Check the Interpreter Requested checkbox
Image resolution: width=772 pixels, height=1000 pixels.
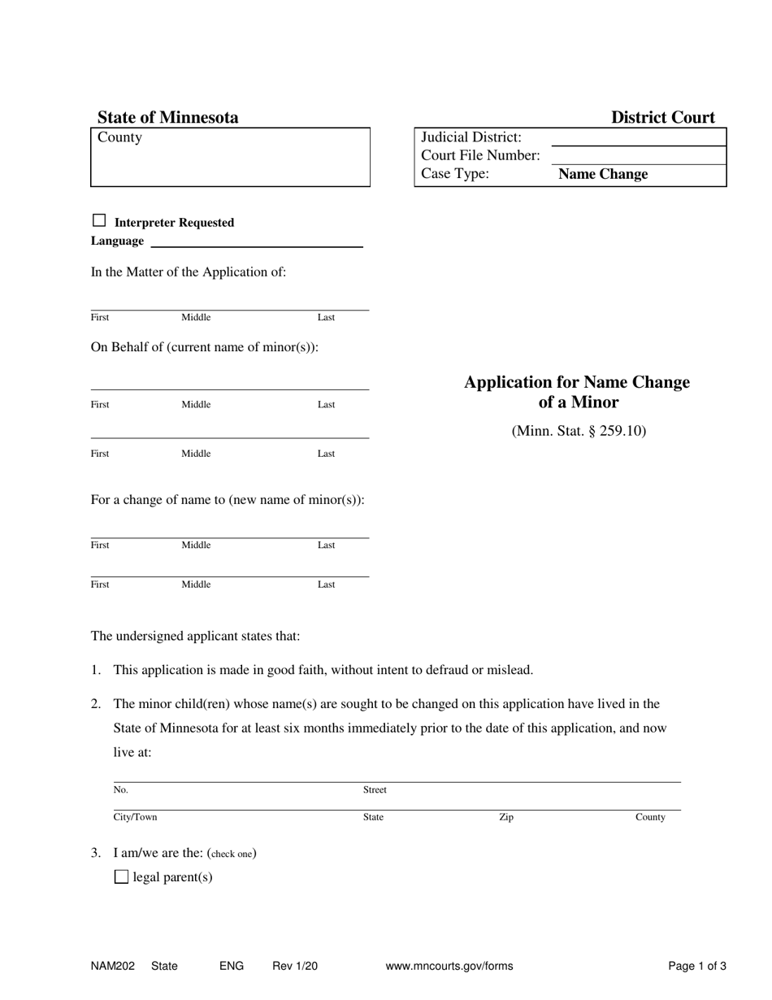(x=99, y=220)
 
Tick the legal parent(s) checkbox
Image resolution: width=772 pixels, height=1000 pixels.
(x=122, y=876)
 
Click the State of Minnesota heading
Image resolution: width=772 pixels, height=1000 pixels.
(x=168, y=117)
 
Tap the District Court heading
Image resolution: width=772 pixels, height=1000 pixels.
(x=663, y=117)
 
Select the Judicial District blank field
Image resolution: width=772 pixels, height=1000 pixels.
(x=638, y=137)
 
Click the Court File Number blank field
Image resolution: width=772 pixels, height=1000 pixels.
(x=638, y=155)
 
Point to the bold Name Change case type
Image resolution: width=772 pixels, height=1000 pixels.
(x=603, y=174)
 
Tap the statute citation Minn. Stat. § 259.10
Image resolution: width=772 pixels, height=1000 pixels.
(x=579, y=431)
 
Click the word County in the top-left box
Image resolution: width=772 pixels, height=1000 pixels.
(x=119, y=137)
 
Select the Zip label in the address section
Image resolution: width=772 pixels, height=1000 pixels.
(x=506, y=817)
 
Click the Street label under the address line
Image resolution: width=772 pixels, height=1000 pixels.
(x=375, y=789)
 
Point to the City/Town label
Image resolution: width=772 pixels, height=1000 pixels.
(x=135, y=817)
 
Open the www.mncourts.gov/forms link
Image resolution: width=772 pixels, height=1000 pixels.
(x=449, y=967)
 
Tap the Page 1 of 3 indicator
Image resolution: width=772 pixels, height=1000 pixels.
(x=697, y=967)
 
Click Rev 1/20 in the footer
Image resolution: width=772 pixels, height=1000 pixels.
(x=295, y=967)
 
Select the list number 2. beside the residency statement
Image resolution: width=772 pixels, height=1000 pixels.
(x=96, y=704)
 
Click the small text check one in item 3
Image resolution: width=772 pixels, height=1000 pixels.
(x=232, y=854)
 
